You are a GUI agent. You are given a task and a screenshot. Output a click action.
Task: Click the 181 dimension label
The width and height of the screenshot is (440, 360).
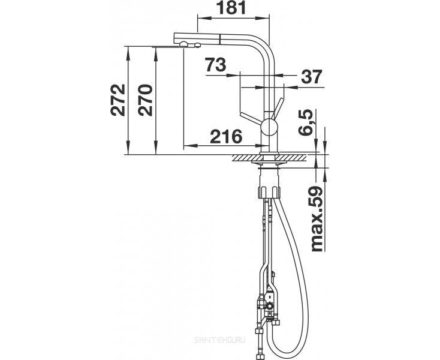click(232, 8)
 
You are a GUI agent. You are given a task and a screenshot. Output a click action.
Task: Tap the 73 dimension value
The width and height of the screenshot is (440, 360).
click(216, 65)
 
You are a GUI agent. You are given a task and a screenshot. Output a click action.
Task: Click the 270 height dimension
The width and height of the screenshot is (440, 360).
click(145, 100)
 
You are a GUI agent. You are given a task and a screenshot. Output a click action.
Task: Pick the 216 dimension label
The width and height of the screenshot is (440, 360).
click(226, 136)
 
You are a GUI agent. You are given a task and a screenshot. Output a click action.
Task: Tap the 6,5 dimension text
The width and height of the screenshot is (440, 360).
click(305, 123)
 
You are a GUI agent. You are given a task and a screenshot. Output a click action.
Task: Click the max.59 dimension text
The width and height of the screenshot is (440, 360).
click(317, 218)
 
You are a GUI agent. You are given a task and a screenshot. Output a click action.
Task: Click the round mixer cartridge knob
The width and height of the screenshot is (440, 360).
click(269, 127)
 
